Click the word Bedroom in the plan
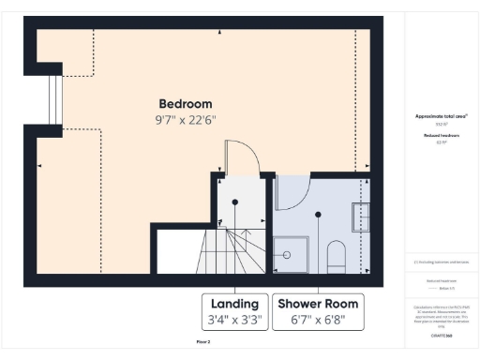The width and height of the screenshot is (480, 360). click(185, 103)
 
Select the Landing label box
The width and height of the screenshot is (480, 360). click(235, 312)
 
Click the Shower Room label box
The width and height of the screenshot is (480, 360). click(316, 312)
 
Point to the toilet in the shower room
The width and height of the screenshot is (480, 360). click(337, 255)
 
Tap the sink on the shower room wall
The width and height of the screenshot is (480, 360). click(360, 218)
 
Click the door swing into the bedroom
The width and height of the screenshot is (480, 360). click(233, 157)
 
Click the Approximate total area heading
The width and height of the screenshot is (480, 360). click(442, 116)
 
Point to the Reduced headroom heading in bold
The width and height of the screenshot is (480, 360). click(442, 135)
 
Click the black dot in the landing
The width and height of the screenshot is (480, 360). click(236, 202)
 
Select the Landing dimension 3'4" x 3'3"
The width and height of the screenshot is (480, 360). click(235, 321)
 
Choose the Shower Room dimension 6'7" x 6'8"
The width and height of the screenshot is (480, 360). click(316, 321)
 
